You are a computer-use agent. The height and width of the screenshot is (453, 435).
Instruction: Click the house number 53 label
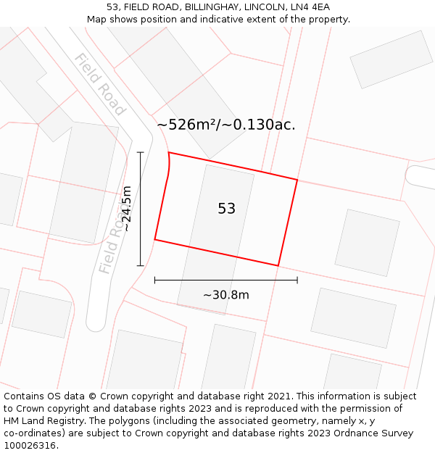coord(226,209)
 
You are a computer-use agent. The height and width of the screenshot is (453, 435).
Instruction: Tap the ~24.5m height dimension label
coord(126,209)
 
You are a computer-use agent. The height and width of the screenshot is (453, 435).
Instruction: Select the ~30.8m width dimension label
coord(225,295)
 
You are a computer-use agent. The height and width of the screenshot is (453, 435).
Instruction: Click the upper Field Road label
coord(99,84)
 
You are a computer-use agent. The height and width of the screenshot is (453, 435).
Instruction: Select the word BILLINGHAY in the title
coord(193,7)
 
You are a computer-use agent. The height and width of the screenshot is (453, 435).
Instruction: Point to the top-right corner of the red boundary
coord(297,179)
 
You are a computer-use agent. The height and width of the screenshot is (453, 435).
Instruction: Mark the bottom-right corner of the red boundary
coord(278,266)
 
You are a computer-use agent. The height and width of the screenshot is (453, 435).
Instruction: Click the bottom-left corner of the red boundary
coord(154,239)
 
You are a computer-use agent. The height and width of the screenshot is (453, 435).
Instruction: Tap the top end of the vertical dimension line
coord(141,152)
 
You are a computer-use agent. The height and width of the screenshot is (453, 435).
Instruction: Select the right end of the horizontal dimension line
coord(297,280)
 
